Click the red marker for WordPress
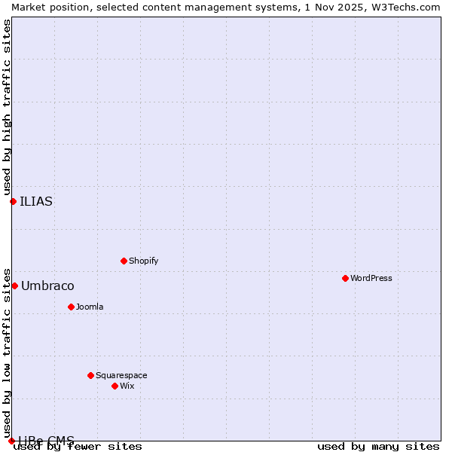pyautogui.click(x=345, y=278)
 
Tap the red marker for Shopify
pyautogui.click(x=124, y=261)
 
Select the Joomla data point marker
pyautogui.click(x=71, y=307)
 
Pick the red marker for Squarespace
pyautogui.click(x=90, y=375)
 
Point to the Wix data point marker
pyautogui.click(x=115, y=386)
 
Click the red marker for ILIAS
pyautogui.click(x=13, y=201)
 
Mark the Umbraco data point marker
pyautogui.click(x=14, y=286)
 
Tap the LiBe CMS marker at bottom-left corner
pyautogui.click(x=11, y=441)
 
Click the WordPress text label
pyautogui.click(x=371, y=278)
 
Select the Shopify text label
pyautogui.click(x=143, y=261)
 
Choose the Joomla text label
pyautogui.click(x=90, y=307)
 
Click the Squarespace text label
pyautogui.click(x=121, y=375)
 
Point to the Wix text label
pyautogui.click(x=127, y=386)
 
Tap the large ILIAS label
pyautogui.click(x=36, y=201)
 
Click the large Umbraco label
pyautogui.click(x=47, y=286)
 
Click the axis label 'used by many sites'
pyautogui.click(x=378, y=446)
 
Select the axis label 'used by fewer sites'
pyautogui.click(x=78, y=446)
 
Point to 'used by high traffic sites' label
pyautogui.click(x=7, y=107)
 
